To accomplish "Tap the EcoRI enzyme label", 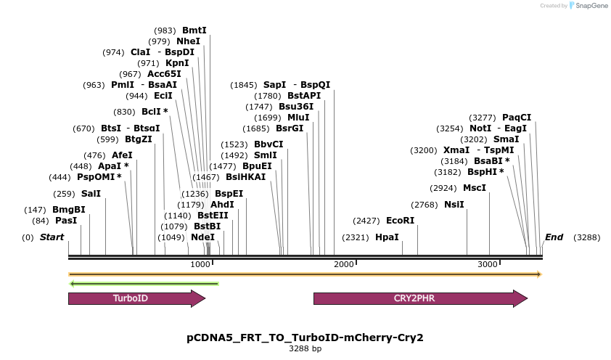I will point(400,221).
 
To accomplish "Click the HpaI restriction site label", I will point(387,237).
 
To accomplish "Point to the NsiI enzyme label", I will point(454,205).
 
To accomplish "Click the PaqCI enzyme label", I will point(517,118).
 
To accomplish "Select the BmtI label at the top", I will point(194,30).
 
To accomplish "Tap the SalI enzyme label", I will point(91,194).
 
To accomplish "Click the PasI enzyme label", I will point(66,221).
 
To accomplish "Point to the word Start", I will point(52,237).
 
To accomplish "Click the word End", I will point(554,237).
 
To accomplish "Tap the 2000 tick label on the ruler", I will point(343,264).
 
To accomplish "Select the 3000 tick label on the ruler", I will point(487,264).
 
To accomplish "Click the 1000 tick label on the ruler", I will point(200,264).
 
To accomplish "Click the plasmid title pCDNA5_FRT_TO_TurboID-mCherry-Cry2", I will point(305,337).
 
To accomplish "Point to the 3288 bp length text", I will point(305,349).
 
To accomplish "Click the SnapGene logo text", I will point(591,6).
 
